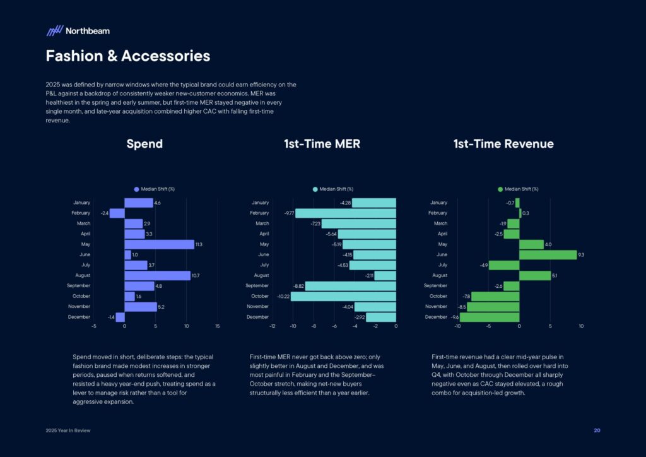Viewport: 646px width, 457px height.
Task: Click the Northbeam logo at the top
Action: pos(78,30)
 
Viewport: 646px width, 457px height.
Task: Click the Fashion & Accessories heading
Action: pos(127,56)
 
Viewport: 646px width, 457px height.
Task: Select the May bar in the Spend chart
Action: pos(159,244)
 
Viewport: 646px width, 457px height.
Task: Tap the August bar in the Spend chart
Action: pos(157,275)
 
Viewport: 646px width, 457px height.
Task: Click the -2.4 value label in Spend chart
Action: pos(104,213)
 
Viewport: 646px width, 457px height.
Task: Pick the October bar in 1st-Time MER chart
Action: pos(343,296)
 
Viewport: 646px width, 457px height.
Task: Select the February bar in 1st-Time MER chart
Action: pos(346,213)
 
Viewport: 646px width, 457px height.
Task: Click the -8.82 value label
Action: pos(298,286)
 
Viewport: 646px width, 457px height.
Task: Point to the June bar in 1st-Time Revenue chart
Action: pos(548,254)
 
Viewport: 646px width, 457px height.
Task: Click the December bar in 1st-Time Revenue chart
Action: pos(490,317)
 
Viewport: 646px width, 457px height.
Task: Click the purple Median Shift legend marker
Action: pos(136,189)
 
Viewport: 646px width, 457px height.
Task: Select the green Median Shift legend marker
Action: pos(500,189)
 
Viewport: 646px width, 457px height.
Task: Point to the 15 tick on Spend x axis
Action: pos(218,326)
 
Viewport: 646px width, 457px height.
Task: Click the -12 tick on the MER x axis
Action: pos(272,326)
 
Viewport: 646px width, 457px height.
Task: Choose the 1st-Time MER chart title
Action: pos(322,144)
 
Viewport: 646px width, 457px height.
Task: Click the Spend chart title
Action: pos(144,144)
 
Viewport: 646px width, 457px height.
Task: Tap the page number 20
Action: pos(597,430)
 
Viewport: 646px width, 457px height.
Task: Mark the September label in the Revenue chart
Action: pos(435,286)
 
